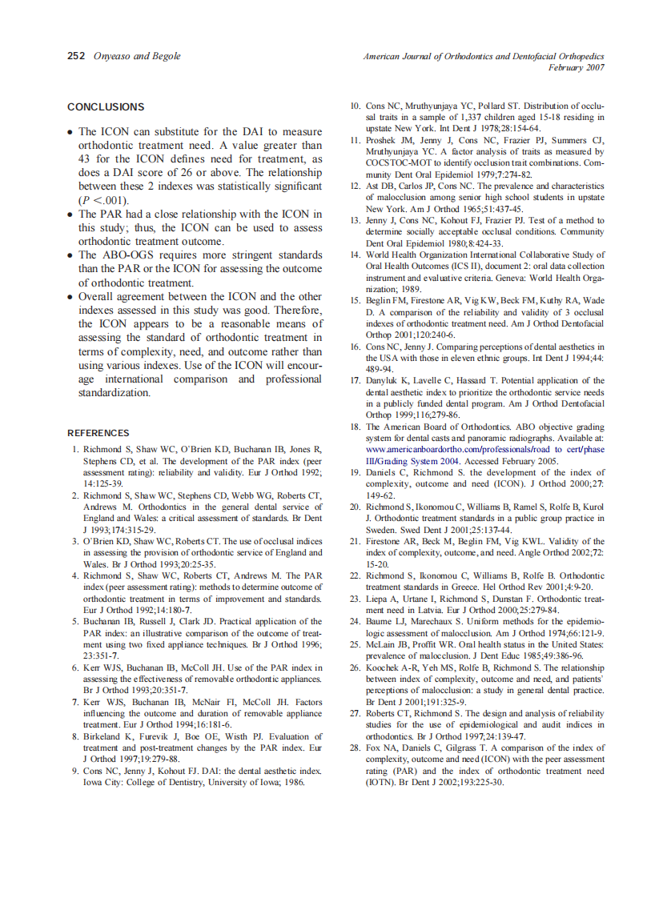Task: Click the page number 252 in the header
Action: (x=76, y=56)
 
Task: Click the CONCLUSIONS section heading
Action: (x=106, y=107)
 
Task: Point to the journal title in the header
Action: (x=483, y=56)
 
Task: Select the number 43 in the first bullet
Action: (x=86, y=159)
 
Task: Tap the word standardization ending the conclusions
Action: (x=113, y=393)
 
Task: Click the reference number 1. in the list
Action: (x=75, y=450)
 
